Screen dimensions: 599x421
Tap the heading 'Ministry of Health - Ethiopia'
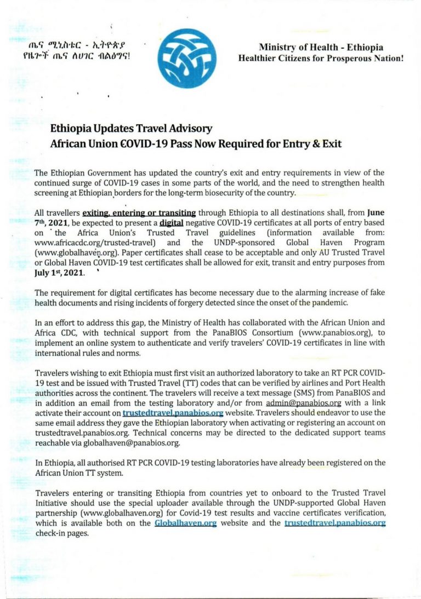321,47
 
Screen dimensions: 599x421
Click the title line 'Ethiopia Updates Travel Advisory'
131,129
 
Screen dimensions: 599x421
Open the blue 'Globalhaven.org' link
186,523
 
